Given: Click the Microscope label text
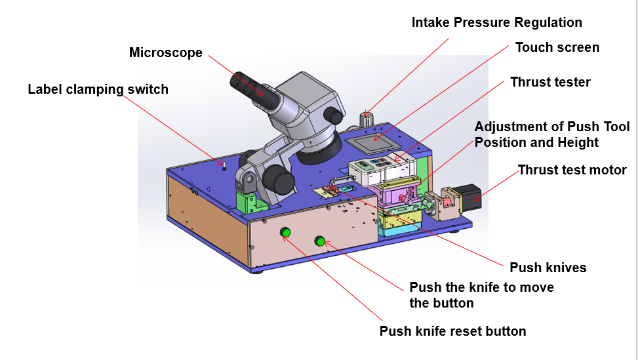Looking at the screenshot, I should click(x=165, y=53).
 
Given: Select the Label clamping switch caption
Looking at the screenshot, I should click(x=98, y=89).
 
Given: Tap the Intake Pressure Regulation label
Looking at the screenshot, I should click(x=496, y=22).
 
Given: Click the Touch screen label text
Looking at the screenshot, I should click(x=557, y=47).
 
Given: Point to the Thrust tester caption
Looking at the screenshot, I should click(x=550, y=82).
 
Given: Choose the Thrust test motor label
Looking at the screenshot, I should click(x=572, y=170).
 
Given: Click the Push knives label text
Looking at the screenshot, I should click(x=548, y=268).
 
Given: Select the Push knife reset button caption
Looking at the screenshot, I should click(x=452, y=331).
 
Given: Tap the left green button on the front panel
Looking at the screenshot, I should click(x=286, y=231).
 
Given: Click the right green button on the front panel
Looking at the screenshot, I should click(x=320, y=241).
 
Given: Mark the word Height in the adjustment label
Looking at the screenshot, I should click(x=578, y=142).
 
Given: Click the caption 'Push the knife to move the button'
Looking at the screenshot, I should click(x=481, y=295).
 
